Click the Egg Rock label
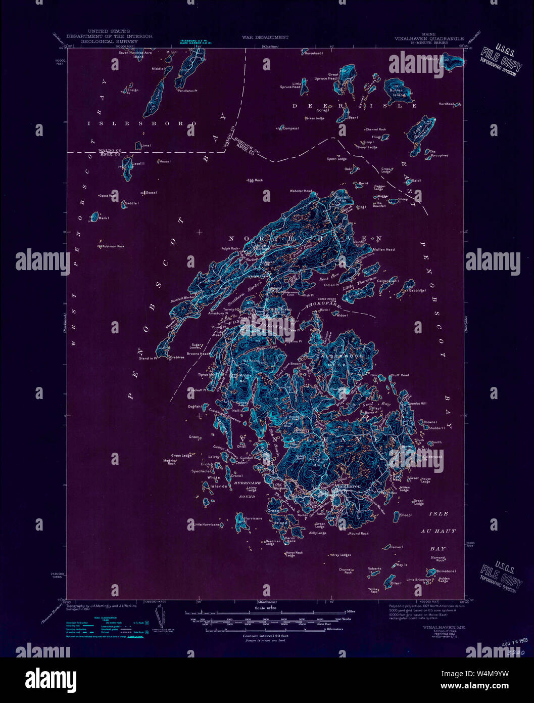click(x=255, y=180)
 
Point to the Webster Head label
click(x=301, y=191)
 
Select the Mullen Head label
click(x=384, y=249)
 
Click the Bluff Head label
click(x=400, y=375)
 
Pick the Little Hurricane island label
click(x=207, y=524)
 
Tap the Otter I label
click(x=396, y=583)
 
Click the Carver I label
click(x=397, y=547)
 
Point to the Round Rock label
click(x=359, y=534)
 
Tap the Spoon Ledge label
click(x=336, y=159)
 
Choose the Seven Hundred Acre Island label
click(x=135, y=54)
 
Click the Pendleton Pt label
click(x=187, y=91)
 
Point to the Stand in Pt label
click(x=148, y=358)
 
